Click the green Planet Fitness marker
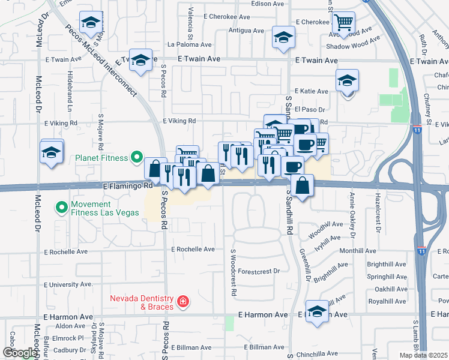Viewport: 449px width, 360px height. pos(136,158)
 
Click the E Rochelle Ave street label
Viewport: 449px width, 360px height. pos(193,249)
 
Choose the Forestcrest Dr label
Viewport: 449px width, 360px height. pos(259,271)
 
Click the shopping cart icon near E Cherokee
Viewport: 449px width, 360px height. pos(343,23)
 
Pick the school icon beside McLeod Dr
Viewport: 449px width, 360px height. pos(52,153)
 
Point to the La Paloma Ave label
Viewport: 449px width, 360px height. pos(189,44)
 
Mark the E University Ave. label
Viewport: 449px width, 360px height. pos(68,284)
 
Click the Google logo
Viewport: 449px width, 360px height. pos(20,352)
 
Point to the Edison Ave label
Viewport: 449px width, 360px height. pos(268,4)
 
